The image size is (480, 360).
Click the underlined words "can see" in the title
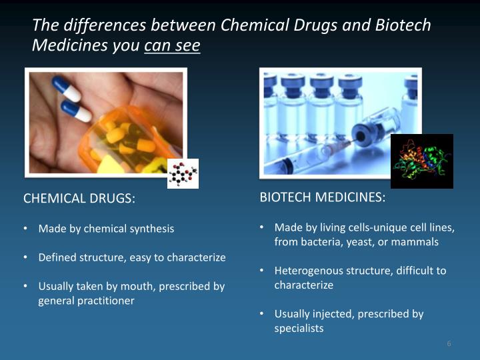click(172, 46)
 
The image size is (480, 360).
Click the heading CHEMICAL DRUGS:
click(79, 199)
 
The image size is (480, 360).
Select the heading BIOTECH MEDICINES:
click(322, 197)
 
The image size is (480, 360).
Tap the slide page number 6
click(449, 343)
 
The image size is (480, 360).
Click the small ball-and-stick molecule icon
click(182, 173)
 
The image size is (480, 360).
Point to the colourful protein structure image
click(421, 161)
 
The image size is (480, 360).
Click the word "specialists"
click(299, 328)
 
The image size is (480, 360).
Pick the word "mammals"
click(416, 242)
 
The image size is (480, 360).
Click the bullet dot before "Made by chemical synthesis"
click(25, 229)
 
